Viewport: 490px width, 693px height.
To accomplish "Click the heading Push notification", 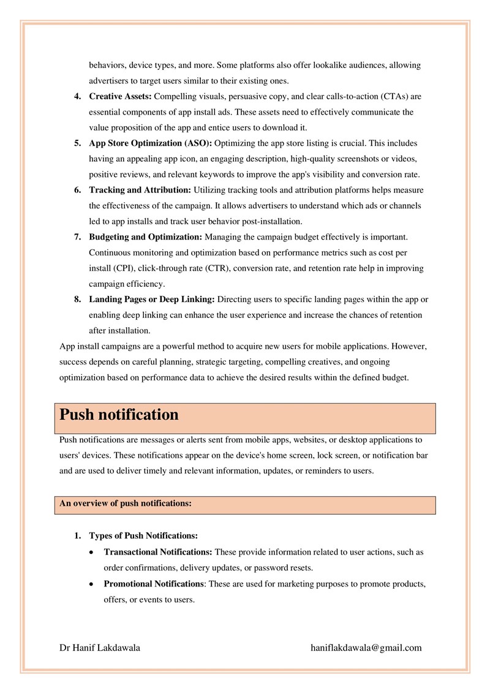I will tap(119, 415).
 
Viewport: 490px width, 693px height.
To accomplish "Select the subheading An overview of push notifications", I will tap(126, 504).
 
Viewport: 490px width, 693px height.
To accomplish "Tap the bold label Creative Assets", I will tap(120, 96).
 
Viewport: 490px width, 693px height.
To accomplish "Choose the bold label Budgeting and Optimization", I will tap(146, 237).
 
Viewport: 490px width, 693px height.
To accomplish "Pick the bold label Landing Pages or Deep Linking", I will tap(152, 299).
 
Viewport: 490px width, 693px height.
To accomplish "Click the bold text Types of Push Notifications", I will tap(143, 536).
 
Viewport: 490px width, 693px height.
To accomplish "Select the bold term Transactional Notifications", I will tap(158, 552).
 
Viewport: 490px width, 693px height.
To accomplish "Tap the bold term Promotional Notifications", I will tap(154, 583).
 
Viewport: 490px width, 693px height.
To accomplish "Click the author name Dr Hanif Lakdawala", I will tap(99, 648).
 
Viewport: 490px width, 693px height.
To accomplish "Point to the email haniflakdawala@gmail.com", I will tap(366, 648).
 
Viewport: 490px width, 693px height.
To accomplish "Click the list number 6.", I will tap(78, 190).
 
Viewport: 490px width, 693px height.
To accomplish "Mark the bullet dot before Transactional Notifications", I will tap(91, 553).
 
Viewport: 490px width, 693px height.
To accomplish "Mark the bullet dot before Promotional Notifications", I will tap(91, 584).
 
